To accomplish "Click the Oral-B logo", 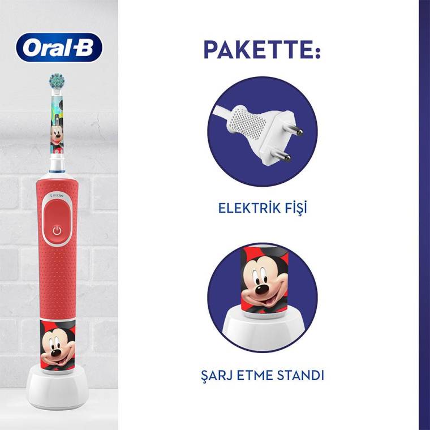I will tap(59, 47).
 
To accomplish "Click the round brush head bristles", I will tap(56, 80).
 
